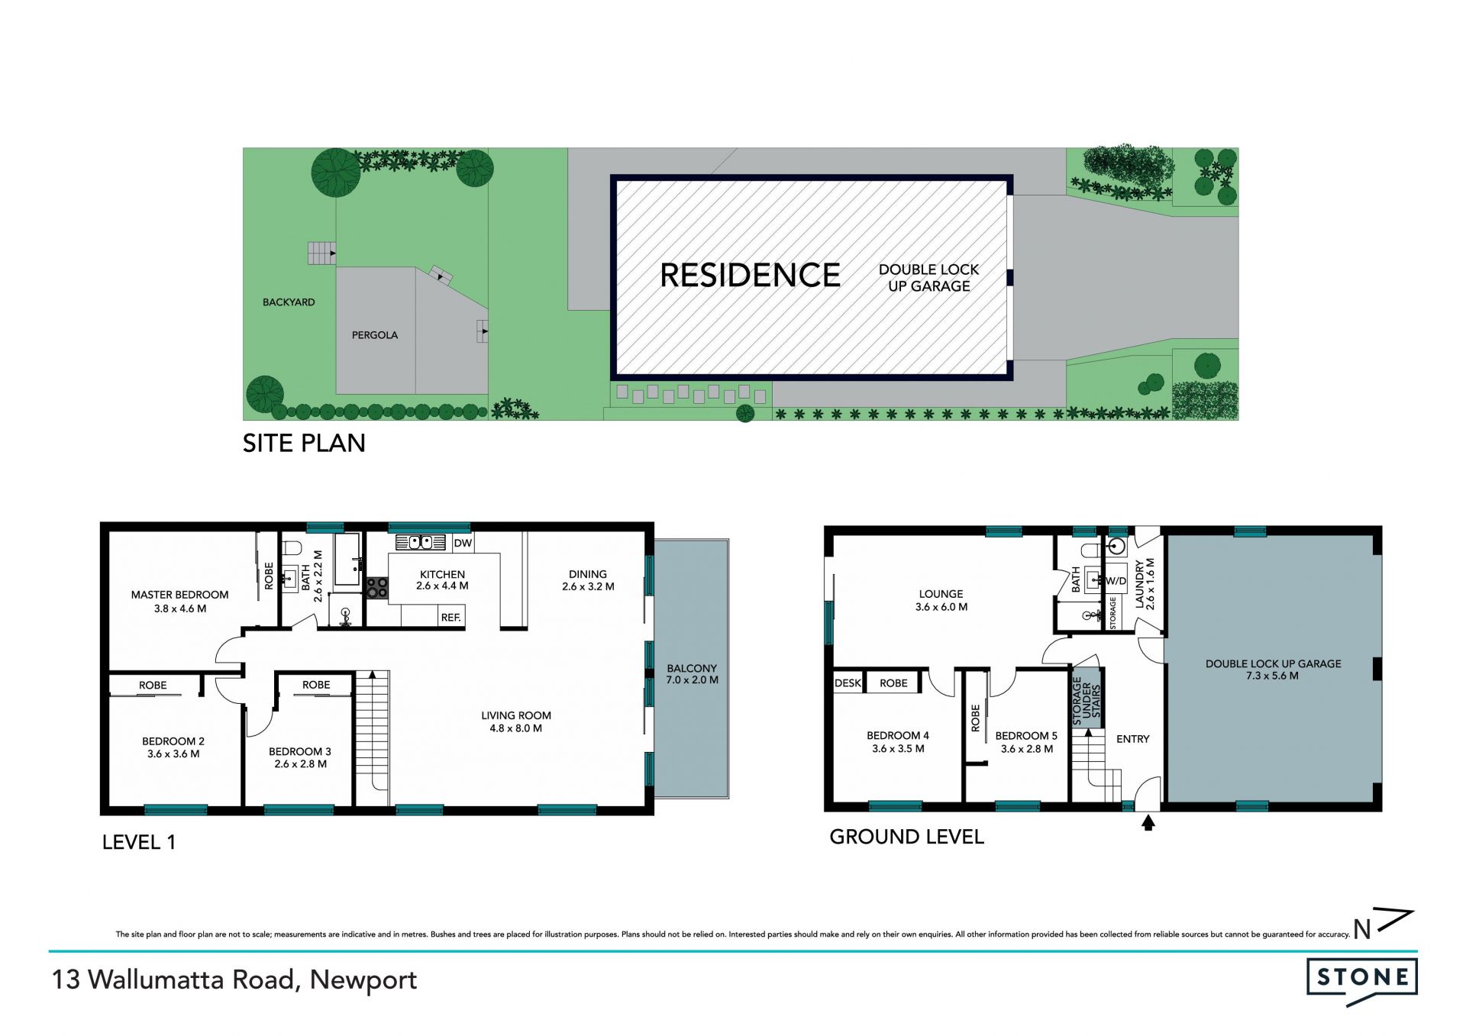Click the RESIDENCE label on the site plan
(750, 275)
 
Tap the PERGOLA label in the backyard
(375, 335)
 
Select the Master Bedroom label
(179, 595)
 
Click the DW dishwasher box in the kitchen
(463, 543)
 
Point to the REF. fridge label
(451, 617)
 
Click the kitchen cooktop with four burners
(377, 588)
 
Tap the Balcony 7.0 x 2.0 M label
(692, 674)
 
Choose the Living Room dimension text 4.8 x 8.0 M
(516, 728)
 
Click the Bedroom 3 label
(300, 751)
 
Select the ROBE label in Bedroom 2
(153, 686)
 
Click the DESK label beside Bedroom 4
(848, 683)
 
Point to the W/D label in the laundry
(1116, 581)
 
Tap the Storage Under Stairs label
(1087, 700)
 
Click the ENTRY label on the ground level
(1133, 739)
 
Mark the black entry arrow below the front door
(1148, 823)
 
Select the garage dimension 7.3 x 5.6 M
(1273, 676)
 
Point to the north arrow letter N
(1362, 929)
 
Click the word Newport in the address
(363, 980)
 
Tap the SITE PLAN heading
(304, 444)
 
